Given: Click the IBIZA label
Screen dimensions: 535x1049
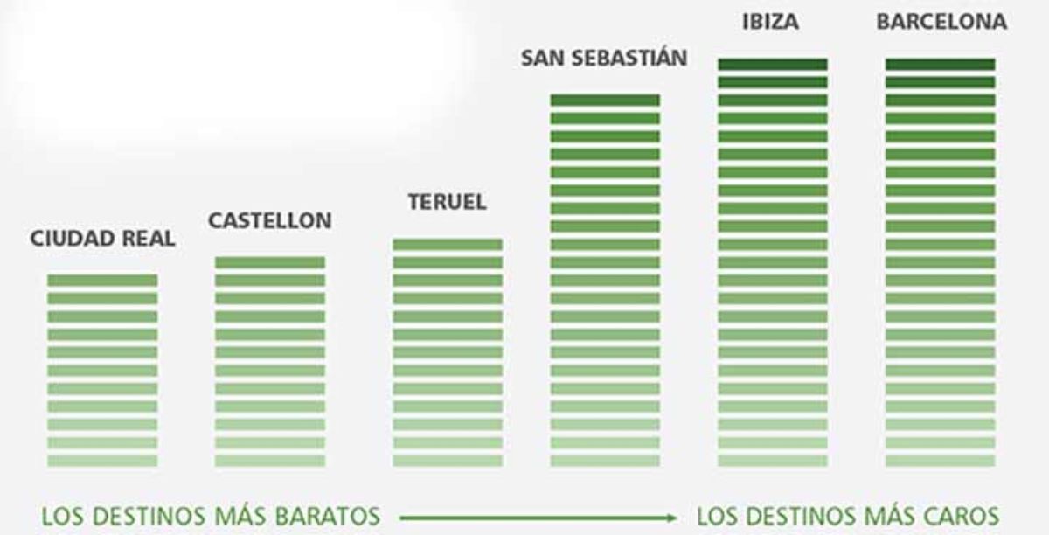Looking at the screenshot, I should pos(770,22).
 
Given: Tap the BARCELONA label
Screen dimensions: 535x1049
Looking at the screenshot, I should pos(941,22).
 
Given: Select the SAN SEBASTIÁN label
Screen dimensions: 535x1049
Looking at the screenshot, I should pos(604,59).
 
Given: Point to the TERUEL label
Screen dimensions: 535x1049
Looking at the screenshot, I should pos(447,202).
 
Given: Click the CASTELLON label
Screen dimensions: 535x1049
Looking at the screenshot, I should pos(269,221).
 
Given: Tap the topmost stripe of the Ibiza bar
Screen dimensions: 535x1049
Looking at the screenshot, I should pos(773,64).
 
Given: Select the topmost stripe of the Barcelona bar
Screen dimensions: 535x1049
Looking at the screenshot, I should pos(941,64).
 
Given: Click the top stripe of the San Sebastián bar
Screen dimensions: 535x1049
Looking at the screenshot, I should pos(605,100).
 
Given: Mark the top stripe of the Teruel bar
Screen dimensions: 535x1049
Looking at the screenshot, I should pos(448,244).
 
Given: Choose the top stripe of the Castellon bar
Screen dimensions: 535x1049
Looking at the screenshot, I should pos(270,262).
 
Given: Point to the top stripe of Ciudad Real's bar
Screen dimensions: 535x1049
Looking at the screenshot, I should pos(102,280).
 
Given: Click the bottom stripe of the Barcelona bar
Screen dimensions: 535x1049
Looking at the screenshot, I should pos(941,460).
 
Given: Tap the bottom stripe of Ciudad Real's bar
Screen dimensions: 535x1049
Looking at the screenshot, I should pos(102,460).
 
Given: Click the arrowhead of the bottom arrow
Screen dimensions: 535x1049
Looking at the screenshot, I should pos(672,516).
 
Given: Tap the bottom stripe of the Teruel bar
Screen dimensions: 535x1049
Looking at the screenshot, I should pos(448,460).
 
